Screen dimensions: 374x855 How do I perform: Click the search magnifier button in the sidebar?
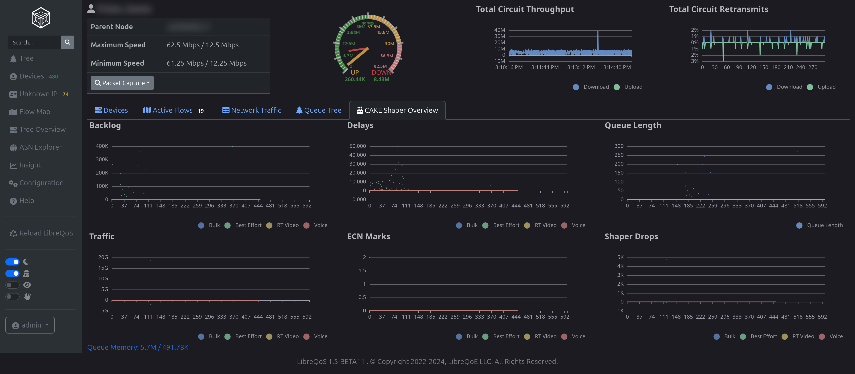pyautogui.click(x=67, y=42)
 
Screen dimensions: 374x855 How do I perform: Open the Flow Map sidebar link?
pyautogui.click(x=35, y=112)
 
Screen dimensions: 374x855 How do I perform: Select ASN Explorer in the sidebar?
pyautogui.click(x=40, y=147)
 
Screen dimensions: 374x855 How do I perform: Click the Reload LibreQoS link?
pyautogui.click(x=46, y=233)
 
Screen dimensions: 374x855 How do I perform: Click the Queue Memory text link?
pyautogui.click(x=138, y=347)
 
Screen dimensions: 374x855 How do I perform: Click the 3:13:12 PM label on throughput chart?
pyautogui.click(x=581, y=67)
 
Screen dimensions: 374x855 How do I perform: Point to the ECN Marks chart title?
pyautogui.click(x=368, y=236)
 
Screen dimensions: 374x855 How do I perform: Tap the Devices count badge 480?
pyautogui.click(x=53, y=76)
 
